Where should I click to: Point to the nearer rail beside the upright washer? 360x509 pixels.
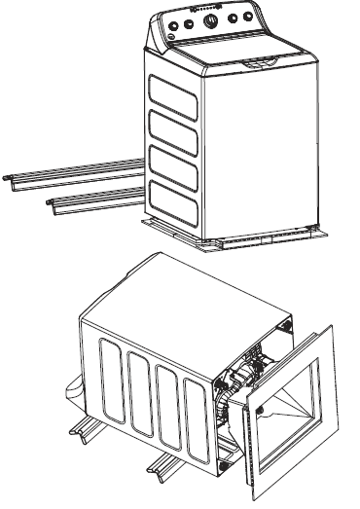click(92, 200)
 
